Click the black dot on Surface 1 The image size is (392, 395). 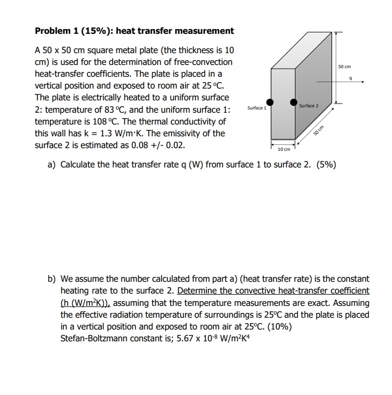[x=271, y=102]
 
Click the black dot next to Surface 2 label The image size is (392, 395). [x=294, y=102]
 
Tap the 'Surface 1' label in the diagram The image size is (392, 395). [x=256, y=108]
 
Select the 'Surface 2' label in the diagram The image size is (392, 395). [x=309, y=106]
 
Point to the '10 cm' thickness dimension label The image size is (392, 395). [x=284, y=148]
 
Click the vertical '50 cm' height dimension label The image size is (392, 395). [x=344, y=67]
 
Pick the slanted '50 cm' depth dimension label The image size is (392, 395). [x=320, y=131]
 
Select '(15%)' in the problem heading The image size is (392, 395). [x=90, y=31]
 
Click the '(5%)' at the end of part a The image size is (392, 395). [x=327, y=164]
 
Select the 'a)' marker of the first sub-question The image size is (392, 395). [x=52, y=164]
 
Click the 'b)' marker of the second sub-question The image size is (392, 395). [x=52, y=279]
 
